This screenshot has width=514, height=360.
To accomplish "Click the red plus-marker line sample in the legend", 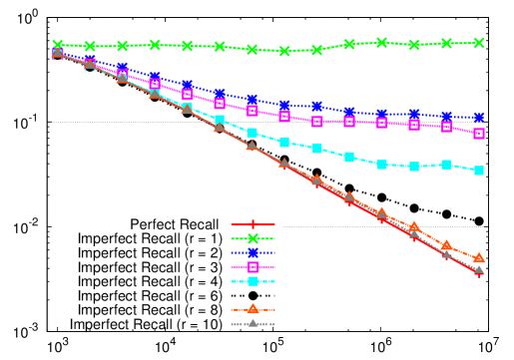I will click(x=253, y=224).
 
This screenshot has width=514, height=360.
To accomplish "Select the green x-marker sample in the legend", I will click(x=253, y=238).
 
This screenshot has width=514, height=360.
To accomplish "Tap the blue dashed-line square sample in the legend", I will click(x=253, y=252).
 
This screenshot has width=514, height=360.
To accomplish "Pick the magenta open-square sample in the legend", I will click(x=253, y=267).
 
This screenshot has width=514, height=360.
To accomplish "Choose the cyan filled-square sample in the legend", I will click(x=253, y=281).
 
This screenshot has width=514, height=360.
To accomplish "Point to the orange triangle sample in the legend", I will click(x=253, y=309).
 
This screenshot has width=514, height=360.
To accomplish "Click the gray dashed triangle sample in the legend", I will click(x=253, y=323).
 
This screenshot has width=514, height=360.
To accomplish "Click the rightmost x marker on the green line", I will click(x=479, y=43).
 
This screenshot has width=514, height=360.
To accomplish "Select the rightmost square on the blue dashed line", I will click(x=479, y=118).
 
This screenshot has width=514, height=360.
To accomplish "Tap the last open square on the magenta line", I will click(x=479, y=134).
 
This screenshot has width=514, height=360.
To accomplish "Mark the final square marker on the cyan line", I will click(x=479, y=171).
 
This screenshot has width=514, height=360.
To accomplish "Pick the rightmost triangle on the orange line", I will click(x=479, y=257).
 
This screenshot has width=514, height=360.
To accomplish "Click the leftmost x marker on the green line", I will click(x=58, y=45).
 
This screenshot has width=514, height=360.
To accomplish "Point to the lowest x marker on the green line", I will click(x=284, y=51).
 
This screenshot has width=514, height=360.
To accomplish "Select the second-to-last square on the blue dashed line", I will click(x=446, y=117).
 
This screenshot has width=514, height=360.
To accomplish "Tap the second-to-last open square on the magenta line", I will click(x=446, y=127).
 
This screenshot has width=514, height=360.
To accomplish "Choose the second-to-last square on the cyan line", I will click(x=446, y=165).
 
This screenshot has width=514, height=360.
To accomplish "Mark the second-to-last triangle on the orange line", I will click(x=446, y=245).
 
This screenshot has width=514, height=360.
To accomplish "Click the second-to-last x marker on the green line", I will click(x=446, y=43).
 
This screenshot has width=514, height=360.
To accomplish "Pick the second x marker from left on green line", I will click(x=90, y=46).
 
